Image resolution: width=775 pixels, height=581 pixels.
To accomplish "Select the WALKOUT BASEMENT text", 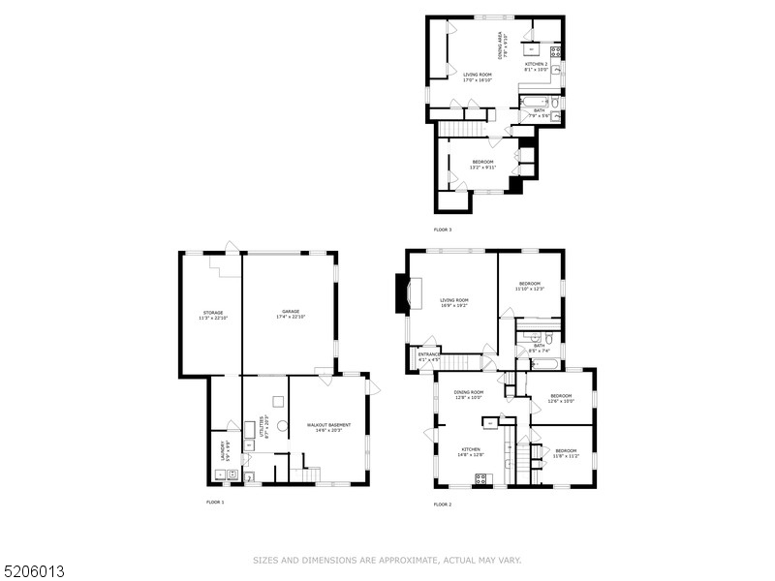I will (329, 427).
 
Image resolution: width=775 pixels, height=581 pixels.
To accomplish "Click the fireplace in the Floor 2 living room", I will (402, 293).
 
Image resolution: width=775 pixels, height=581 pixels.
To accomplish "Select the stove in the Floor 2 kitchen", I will (480, 477).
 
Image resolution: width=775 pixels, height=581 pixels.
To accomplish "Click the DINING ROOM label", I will (469, 394).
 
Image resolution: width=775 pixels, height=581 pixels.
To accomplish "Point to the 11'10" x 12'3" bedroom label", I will (529, 286).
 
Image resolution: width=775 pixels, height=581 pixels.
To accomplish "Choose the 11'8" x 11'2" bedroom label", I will (566, 452).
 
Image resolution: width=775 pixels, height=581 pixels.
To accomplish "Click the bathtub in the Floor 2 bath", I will (544, 365).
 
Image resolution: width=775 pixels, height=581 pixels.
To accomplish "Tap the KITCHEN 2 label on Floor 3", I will (537, 66).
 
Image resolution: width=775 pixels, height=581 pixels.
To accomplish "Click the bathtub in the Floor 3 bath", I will (536, 100).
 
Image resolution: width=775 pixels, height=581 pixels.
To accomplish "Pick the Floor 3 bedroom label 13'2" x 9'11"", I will (482, 164).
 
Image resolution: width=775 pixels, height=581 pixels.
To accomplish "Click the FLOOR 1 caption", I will (215, 503).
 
